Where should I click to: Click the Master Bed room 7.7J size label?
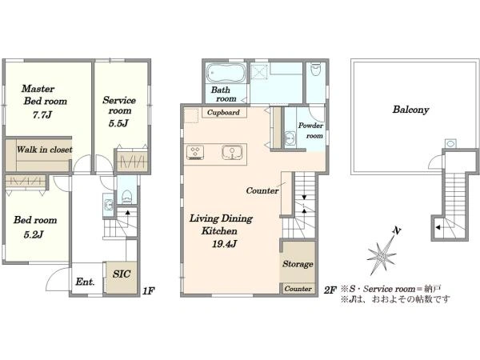coord(42,115)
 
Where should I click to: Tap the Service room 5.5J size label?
coord(118,123)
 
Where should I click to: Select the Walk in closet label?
coord(44,150)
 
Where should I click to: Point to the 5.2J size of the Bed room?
coord(34,234)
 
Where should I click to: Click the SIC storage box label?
coord(122,274)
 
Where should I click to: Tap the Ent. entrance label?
coord(85,282)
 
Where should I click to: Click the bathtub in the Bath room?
coord(226,73)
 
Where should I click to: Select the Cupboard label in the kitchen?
coord(223,112)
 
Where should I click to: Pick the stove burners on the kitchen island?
coord(195,152)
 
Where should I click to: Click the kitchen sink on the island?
coord(232,152)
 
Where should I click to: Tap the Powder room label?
coord(310,130)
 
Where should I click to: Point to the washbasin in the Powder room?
coord(290,138)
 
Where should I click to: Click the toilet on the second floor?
coord(315,70)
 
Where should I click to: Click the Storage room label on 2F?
coord(298,264)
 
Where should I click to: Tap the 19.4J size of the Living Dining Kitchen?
coord(224,244)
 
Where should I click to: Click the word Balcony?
coord(411,110)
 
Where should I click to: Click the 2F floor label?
coord(330,290)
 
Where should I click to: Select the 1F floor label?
coord(148,291)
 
